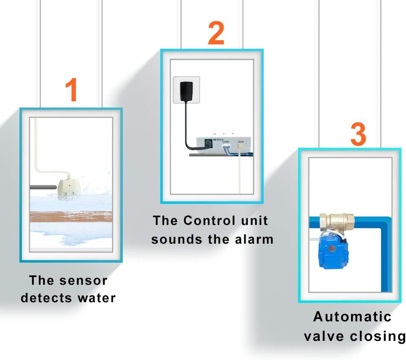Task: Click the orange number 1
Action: [x=72, y=90]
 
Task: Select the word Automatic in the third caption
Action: [x=352, y=316]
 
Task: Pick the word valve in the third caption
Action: [x=322, y=336]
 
